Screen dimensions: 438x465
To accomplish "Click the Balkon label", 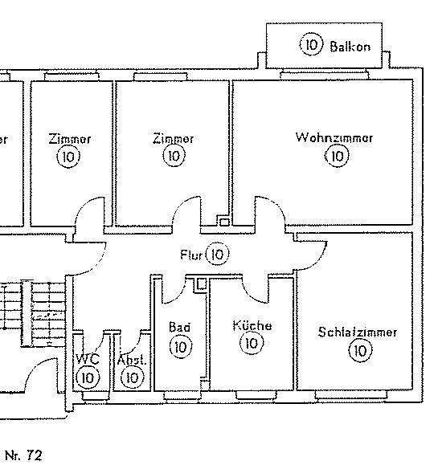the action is pos(350,47).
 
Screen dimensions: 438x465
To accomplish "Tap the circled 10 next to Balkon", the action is pos(311,44).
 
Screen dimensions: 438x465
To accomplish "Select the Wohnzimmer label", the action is pos(334,137).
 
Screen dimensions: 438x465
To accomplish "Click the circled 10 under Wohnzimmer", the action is pos(337,156).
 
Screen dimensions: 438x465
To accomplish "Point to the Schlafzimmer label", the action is pos(358,332).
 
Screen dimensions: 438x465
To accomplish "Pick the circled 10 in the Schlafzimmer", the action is pos(360,351).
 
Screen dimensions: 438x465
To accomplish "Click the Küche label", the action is pos(252,325).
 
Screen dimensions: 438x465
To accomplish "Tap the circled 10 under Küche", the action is pos(252,344).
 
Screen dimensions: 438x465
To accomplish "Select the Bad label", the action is pos(179,327).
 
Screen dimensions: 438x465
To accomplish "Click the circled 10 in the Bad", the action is pos(181,347).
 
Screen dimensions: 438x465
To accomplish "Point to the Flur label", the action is pos(191,255).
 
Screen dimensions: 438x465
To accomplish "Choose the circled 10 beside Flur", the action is pos(218,254).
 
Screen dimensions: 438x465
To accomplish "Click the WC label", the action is pos(88,359).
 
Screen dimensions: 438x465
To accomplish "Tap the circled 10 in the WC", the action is pos(88,377).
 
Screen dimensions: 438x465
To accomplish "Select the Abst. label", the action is pos(132,360).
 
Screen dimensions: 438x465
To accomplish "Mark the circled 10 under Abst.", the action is pos(133,377).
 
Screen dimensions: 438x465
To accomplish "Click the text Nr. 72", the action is pos(24,455).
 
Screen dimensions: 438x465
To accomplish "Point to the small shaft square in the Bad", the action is pos(202,284).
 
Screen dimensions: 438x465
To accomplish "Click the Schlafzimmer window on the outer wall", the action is pos(351,394).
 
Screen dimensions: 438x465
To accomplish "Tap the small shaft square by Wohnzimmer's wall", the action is pos(224,222).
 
